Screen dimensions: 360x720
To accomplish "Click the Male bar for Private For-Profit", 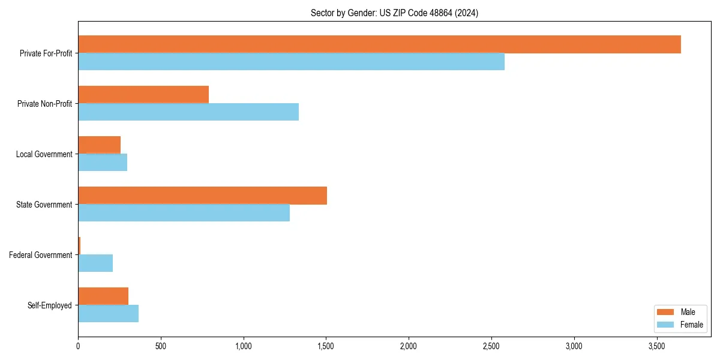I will tap(379, 44).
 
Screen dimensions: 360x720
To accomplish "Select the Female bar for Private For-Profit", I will tap(291, 62).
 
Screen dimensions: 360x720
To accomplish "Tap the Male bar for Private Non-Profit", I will tap(143, 95).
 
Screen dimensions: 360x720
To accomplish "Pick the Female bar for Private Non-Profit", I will tap(188, 112).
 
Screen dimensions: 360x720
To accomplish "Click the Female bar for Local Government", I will tap(103, 163).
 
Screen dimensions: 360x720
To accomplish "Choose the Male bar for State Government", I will tap(202, 196).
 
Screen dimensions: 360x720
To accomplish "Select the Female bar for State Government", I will tap(184, 213).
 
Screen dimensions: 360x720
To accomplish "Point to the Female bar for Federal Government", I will tap(95, 263).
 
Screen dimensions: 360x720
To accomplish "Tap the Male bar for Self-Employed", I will tap(103, 296).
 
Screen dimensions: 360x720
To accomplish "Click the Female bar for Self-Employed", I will tap(108, 314).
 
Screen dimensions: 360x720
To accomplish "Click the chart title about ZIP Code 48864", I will tap(394, 13).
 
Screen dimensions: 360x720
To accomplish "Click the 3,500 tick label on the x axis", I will tap(656, 346).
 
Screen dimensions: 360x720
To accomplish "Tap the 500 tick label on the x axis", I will tap(160, 346).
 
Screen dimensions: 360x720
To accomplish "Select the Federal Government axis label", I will tap(40, 255).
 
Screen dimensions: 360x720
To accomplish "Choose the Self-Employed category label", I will tap(49, 305).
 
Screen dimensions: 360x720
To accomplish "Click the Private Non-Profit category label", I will tap(44, 104).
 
